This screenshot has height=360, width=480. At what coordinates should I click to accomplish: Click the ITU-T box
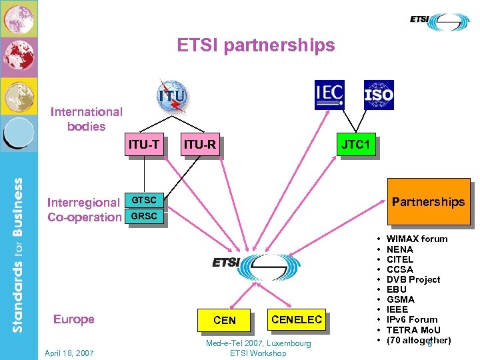coord(144,144)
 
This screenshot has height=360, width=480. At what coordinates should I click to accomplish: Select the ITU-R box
coord(199,145)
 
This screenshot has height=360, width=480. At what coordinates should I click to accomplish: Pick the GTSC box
coord(144,200)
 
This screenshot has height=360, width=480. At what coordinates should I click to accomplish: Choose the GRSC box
coord(144,216)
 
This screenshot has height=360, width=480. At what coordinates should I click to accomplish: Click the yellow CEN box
coord(225,320)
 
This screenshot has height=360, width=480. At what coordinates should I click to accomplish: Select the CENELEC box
coord(297,319)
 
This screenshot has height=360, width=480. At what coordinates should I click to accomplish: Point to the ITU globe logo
coord(171,96)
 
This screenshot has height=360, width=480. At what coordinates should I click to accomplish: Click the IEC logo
coord(329,95)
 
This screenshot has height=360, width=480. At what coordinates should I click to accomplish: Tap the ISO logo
coord(379,95)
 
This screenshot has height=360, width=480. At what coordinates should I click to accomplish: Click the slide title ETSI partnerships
coord(256,45)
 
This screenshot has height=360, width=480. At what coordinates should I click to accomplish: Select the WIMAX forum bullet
coord(417,239)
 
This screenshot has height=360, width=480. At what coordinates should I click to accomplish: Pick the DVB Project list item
coord(413,279)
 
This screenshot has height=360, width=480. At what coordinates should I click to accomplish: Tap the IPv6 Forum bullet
coord(412,319)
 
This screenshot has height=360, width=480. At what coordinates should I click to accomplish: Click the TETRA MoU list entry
coord(413,330)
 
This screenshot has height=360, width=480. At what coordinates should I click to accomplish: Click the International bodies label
coord(87,119)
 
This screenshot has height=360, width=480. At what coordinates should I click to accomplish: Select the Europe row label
coord(73,319)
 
